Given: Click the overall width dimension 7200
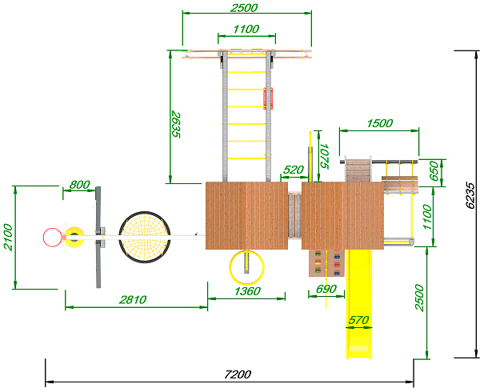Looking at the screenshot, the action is (x=238, y=374).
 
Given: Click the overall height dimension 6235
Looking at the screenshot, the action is (x=470, y=196).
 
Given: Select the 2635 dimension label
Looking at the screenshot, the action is (x=176, y=125).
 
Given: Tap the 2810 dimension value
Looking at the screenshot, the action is (x=133, y=299).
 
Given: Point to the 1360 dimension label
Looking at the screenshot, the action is (x=247, y=291).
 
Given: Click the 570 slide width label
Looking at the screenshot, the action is (x=358, y=320).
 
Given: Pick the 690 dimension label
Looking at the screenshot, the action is (x=326, y=289).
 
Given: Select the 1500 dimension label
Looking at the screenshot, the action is (x=379, y=123).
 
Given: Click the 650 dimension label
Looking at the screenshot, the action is (x=434, y=171).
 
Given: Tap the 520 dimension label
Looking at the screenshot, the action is (x=294, y=170).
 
